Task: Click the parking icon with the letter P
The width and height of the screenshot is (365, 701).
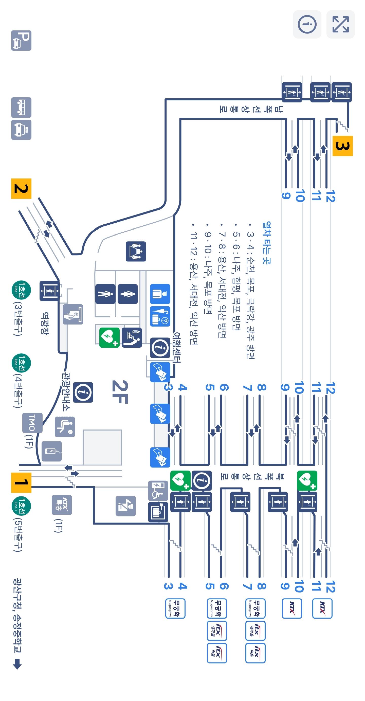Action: point(21,41)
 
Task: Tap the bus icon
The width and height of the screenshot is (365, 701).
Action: point(21,107)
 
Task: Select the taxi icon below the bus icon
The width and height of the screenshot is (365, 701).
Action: point(21,130)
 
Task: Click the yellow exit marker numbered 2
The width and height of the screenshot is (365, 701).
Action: point(21,189)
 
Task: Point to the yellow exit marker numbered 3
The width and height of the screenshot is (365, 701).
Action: point(342,146)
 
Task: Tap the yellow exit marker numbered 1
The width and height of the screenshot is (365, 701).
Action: point(21,482)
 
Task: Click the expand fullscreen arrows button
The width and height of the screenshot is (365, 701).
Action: point(340,24)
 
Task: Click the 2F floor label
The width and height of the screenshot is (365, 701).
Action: point(120,392)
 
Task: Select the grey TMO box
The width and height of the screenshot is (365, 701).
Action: point(32,423)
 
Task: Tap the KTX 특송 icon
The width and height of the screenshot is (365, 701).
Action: point(62,505)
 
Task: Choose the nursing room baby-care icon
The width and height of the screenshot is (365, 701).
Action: point(132,338)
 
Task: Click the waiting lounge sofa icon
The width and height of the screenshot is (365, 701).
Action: point(136,251)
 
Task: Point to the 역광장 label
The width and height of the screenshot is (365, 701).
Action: point(44,323)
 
